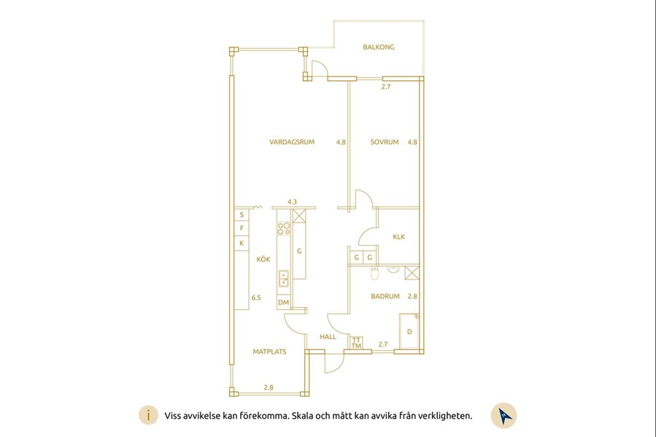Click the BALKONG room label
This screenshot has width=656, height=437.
[378, 47]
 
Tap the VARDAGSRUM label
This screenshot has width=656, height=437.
[292, 142]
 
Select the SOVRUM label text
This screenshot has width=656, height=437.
[384, 142]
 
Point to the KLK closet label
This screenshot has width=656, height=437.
[398, 236]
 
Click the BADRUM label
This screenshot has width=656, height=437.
[385, 296]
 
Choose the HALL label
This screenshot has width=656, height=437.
[328, 336]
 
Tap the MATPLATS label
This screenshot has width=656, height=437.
[269, 352]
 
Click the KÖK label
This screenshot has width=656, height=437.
[263, 259]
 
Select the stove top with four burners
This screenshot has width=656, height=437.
[284, 228]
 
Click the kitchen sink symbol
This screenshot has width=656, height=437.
[284, 279]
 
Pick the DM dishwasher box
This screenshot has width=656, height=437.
[284, 302]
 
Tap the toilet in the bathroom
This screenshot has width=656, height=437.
[374, 273]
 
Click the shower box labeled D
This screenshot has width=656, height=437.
[409, 331]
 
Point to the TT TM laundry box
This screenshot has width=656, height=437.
[356, 344]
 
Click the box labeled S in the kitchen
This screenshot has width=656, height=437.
[242, 215]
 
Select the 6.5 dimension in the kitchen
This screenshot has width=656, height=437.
[256, 298]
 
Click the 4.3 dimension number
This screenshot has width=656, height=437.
[292, 202]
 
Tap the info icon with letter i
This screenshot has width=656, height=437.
[149, 416]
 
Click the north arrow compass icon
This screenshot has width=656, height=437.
[503, 416]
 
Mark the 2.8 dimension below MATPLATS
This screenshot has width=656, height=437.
[269, 387]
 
